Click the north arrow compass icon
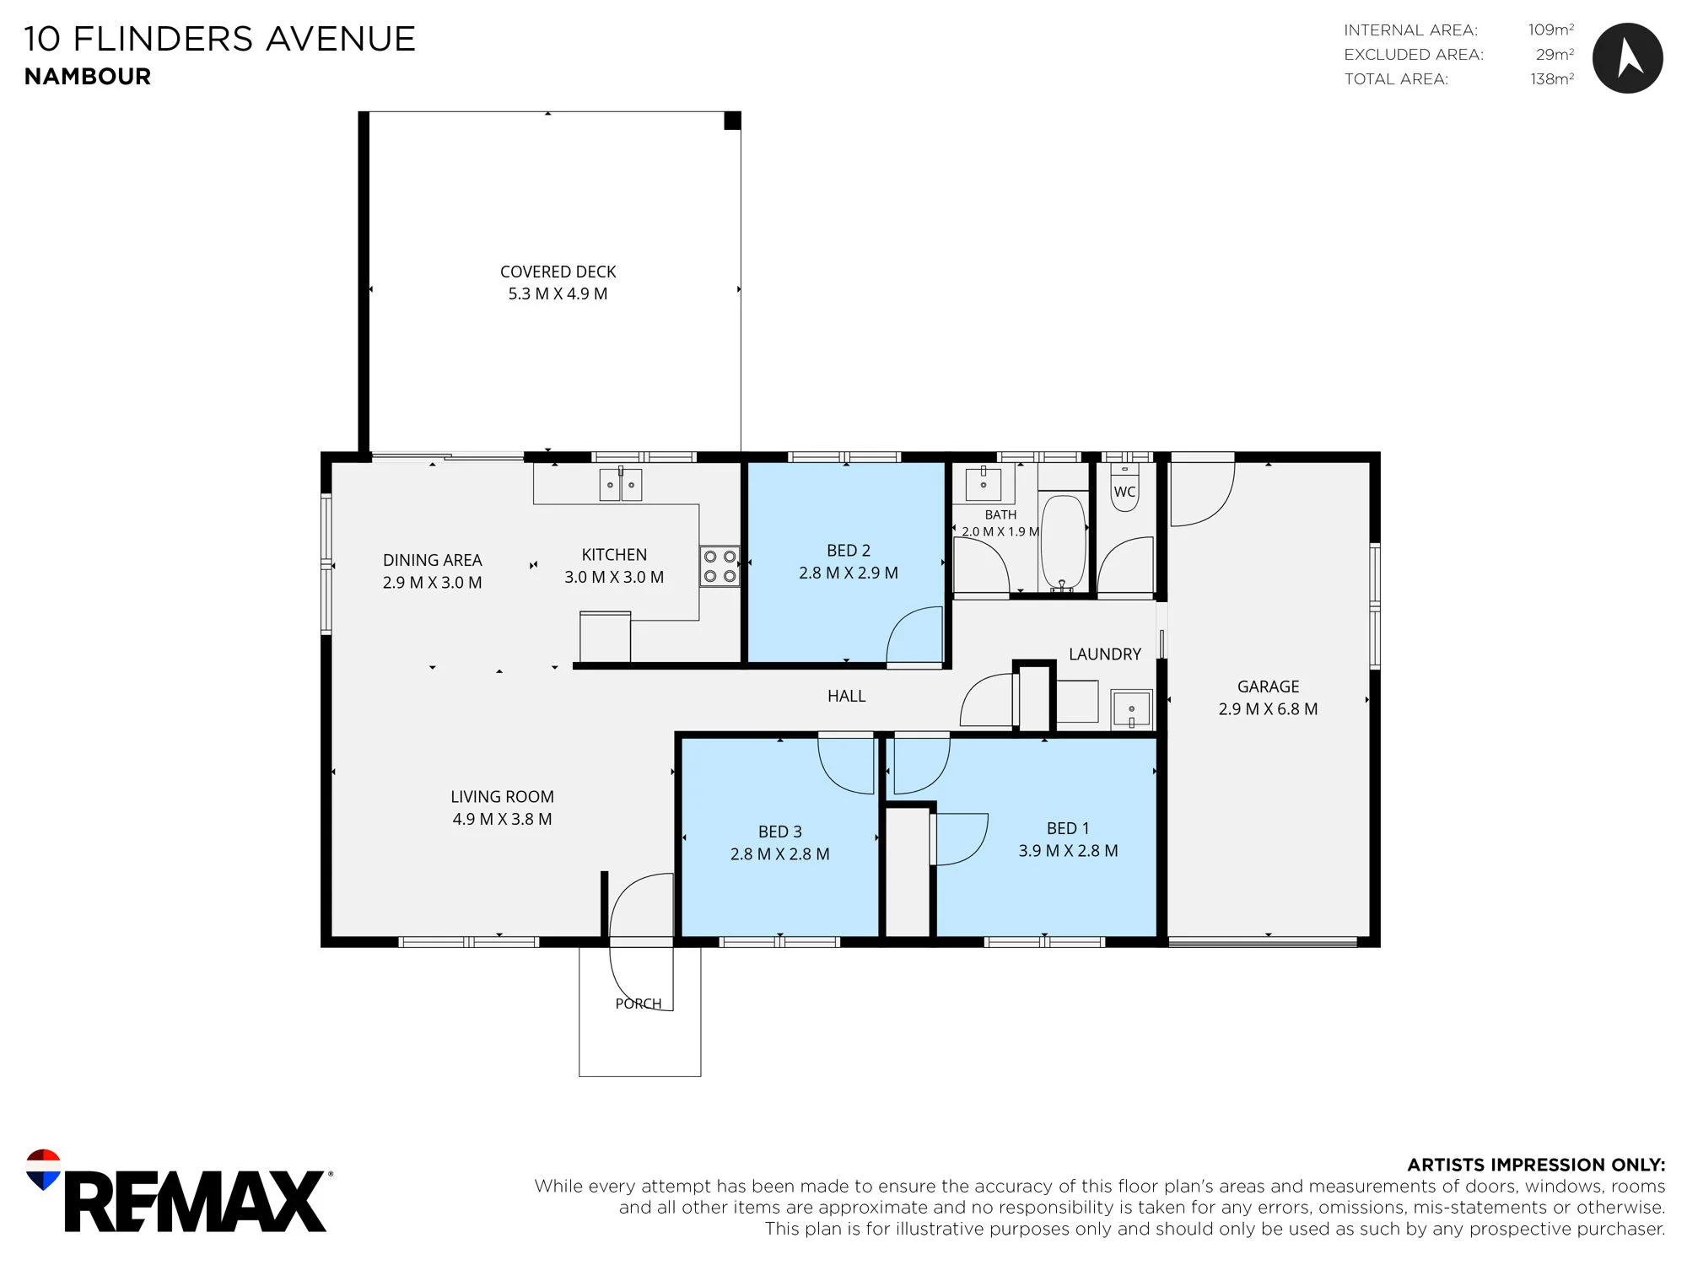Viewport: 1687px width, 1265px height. tap(1627, 58)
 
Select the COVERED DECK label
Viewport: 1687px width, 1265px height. tap(558, 272)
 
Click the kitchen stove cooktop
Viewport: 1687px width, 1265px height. tap(720, 566)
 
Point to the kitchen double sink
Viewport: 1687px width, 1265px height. tap(620, 485)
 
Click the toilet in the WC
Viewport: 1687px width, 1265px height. tap(1124, 487)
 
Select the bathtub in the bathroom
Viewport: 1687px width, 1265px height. tap(1063, 541)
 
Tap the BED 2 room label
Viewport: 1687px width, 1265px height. tap(849, 551)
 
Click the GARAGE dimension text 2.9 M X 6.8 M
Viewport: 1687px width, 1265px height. tap(1268, 709)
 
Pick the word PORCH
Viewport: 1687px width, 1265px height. tap(639, 1004)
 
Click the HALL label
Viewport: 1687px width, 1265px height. tap(846, 696)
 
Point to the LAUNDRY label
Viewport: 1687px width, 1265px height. tap(1105, 654)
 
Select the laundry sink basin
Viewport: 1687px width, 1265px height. tap(1131, 709)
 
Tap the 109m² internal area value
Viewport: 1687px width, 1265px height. tap(1551, 30)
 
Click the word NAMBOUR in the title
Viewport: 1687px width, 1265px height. tap(88, 77)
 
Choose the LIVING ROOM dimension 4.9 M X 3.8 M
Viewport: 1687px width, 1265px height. tap(502, 819)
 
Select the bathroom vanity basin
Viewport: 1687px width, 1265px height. tap(984, 484)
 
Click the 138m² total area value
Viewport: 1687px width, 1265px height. tap(1552, 78)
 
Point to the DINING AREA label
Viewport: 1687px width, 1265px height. tap(432, 560)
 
